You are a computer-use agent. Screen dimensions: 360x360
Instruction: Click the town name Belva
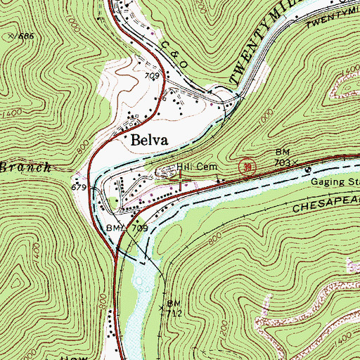[x=152, y=141]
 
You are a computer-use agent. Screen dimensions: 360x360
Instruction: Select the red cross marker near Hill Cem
[x=182, y=181]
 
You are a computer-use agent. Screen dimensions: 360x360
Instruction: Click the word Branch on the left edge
[x=25, y=167]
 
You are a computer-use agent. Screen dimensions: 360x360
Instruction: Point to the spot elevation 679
[x=79, y=188]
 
